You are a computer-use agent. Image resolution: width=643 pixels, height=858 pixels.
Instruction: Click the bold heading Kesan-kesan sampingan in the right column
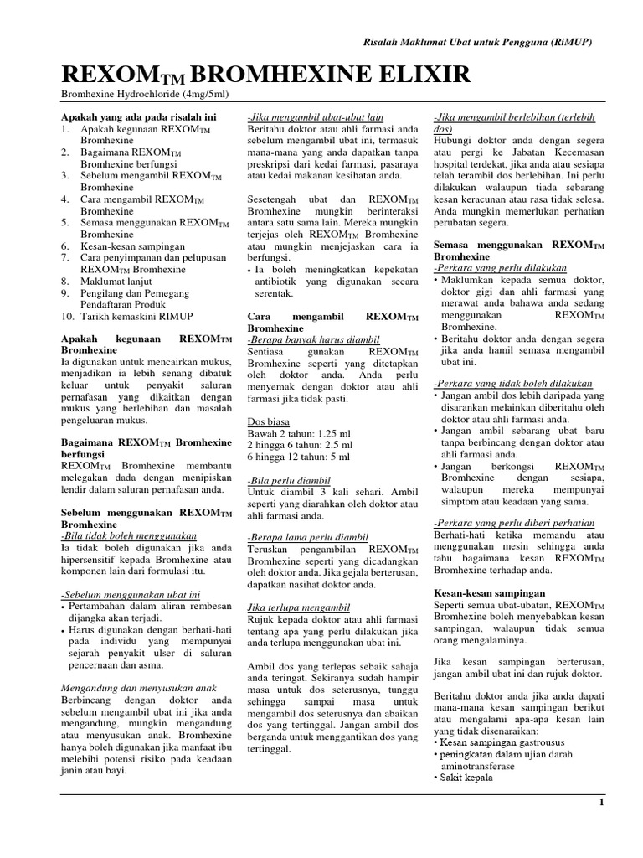[x=490, y=592]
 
